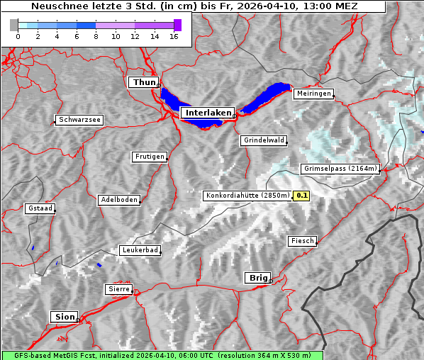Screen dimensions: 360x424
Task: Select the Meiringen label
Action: (313, 94)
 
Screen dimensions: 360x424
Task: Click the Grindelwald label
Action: (264, 140)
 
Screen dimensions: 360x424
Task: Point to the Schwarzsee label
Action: (79, 120)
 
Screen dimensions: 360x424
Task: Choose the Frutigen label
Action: (149, 157)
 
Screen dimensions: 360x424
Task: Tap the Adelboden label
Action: (118, 200)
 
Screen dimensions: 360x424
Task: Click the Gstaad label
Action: (40, 208)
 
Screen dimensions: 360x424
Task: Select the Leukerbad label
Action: (140, 250)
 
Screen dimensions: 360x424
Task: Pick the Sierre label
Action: (118, 289)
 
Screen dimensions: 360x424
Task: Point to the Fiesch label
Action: (302, 241)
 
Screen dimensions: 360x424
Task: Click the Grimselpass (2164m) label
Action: (341, 169)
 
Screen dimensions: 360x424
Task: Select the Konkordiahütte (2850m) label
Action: (247, 196)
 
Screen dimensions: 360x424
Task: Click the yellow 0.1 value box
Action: (301, 196)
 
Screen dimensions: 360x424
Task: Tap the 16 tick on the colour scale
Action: (174, 37)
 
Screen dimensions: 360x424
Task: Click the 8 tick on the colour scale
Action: (96, 37)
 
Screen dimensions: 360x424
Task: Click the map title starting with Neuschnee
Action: (194, 6)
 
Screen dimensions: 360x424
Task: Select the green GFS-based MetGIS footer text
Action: (162, 355)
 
